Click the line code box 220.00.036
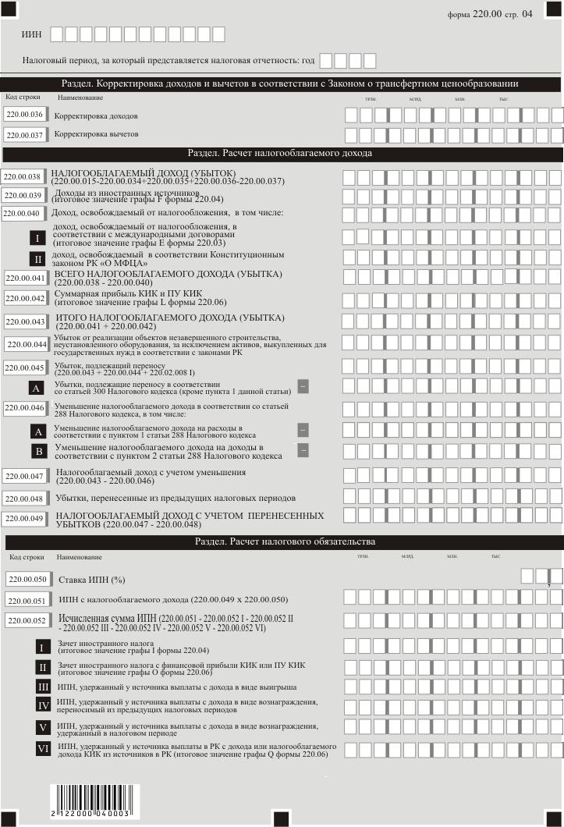coord(24,115)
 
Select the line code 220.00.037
coord(24,135)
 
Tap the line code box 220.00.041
coord(26,277)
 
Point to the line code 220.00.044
coord(27,345)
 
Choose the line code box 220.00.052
coord(27,621)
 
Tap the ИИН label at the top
coord(32,34)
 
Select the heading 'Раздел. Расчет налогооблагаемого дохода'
coord(280,153)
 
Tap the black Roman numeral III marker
coord(44,687)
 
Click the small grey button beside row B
coord(303,449)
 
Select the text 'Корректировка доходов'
coord(96,115)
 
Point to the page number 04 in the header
coord(527,14)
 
